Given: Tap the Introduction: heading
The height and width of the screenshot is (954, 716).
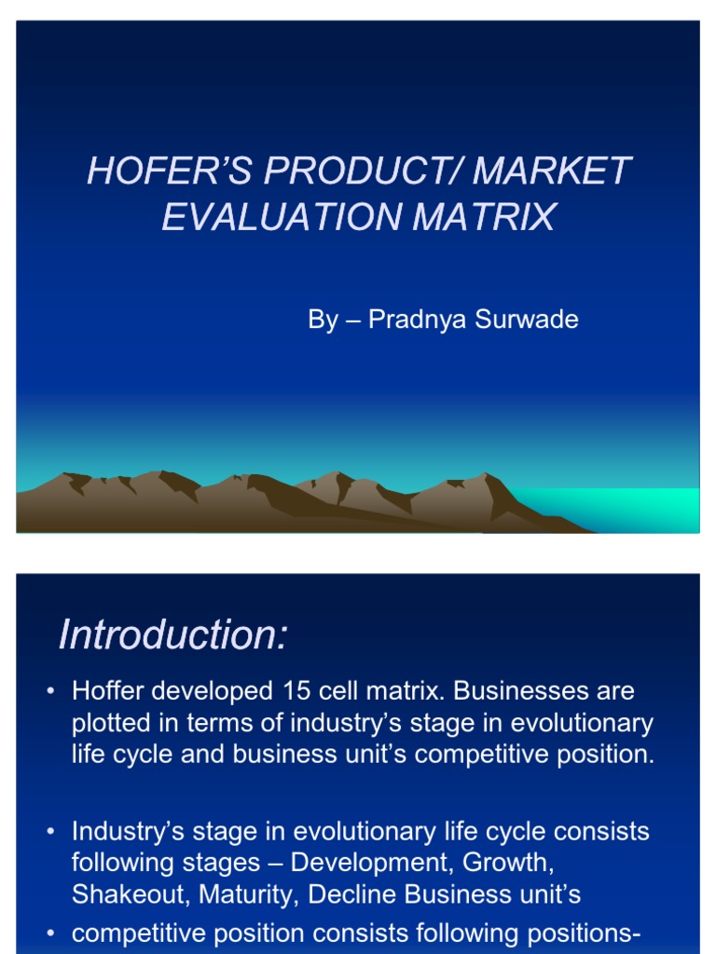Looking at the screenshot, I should (x=173, y=635).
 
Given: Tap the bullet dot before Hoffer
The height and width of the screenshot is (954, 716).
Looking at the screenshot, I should (x=51, y=692).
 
